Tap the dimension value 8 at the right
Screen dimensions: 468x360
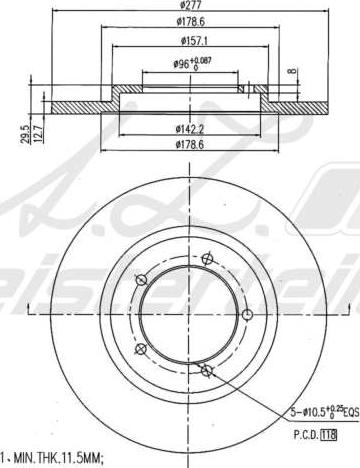(292, 72)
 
